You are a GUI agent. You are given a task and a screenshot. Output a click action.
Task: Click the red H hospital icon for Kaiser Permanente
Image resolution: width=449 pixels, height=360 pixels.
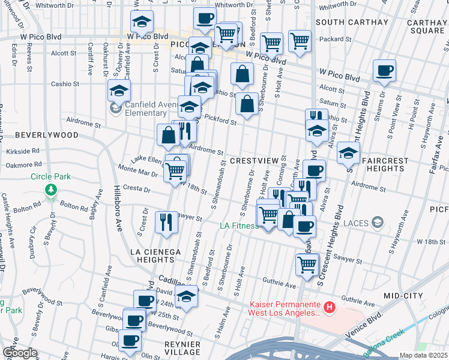(329, 308)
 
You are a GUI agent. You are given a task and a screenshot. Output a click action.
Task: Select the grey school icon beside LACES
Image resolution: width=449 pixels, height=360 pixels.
(376, 223)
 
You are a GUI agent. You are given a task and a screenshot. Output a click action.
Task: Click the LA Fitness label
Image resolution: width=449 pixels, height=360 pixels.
(239, 226)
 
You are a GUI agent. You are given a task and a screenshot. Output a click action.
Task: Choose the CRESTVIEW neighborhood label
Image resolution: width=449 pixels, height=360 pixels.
(255, 161)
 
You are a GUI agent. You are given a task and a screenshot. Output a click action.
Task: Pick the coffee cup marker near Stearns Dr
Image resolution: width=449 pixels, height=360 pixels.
(384, 71)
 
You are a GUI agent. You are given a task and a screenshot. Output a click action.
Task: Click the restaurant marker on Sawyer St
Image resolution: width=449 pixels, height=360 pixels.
(166, 221)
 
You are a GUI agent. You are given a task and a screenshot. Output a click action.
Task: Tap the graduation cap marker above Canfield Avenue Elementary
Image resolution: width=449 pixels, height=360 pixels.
(119, 91)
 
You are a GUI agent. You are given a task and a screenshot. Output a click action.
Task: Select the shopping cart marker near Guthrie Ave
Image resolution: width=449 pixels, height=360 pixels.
(307, 263)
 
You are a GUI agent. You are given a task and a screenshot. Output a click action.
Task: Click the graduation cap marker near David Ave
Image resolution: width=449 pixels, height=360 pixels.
(187, 297)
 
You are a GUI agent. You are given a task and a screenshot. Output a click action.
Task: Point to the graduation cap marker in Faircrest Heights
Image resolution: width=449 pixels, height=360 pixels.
(348, 153)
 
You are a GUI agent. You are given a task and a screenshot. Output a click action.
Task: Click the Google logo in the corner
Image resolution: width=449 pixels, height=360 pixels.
(19, 353)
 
